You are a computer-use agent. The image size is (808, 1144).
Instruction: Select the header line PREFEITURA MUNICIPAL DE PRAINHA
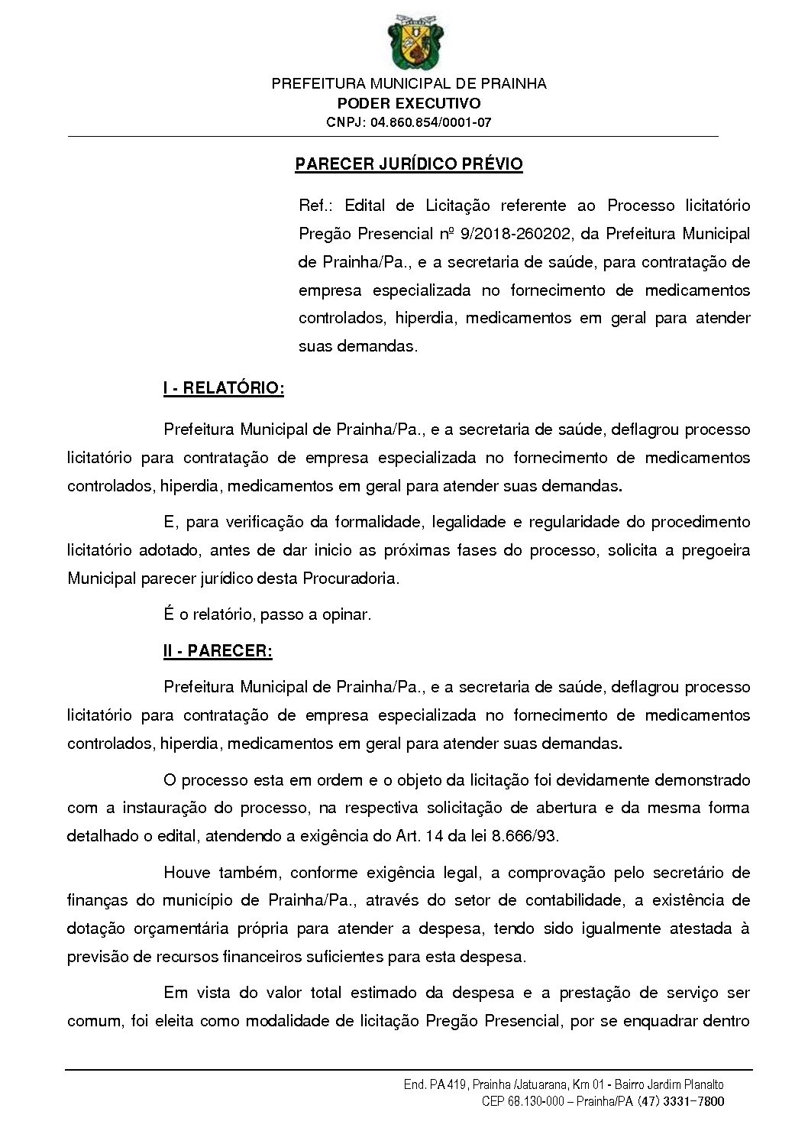409,83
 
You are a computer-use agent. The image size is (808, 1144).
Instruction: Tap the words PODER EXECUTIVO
409,103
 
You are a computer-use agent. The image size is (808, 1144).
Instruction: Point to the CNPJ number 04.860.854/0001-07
431,122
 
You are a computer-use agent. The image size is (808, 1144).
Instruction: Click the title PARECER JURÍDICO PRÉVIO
409,164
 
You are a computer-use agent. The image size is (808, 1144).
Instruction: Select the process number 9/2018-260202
516,234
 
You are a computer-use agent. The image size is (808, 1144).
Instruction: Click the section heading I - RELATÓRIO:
223,388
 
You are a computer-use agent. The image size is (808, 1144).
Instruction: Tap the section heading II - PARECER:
218,651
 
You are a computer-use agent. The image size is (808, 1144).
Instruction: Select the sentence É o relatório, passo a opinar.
267,614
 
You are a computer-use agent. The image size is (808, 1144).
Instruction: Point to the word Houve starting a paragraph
186,873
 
